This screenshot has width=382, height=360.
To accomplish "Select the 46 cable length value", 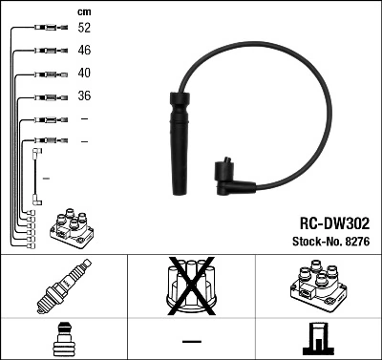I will pos(84,52).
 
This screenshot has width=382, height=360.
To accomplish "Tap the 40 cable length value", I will pos(84,74).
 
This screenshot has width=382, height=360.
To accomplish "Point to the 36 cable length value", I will pos(84,96).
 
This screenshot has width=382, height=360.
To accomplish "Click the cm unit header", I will pos(82,11).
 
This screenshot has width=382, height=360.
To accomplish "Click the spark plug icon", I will pos(64,286).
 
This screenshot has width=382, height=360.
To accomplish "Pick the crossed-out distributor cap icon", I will pos(191,286).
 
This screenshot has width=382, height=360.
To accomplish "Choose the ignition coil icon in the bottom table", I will pos(318,286).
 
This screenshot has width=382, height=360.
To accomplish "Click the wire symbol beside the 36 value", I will pos(46,96).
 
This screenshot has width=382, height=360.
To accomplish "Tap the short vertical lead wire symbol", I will pos(36,176).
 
